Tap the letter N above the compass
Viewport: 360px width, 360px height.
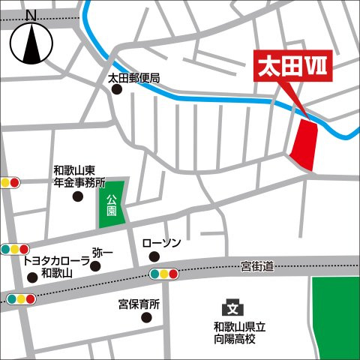click(x=31, y=15)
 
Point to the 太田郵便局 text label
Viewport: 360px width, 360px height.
click(x=134, y=78)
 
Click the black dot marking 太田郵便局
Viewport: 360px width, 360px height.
click(x=117, y=90)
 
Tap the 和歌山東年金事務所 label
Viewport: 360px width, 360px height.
click(x=79, y=176)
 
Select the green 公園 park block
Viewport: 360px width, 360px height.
click(x=111, y=203)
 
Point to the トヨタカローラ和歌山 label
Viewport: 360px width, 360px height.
click(x=56, y=267)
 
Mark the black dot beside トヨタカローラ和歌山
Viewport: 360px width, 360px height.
click(x=31, y=277)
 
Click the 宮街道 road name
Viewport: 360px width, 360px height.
click(x=258, y=265)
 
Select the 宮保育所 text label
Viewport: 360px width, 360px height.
click(x=139, y=304)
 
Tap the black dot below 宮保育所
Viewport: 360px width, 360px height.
click(x=147, y=317)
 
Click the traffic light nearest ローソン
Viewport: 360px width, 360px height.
click(x=164, y=274)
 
